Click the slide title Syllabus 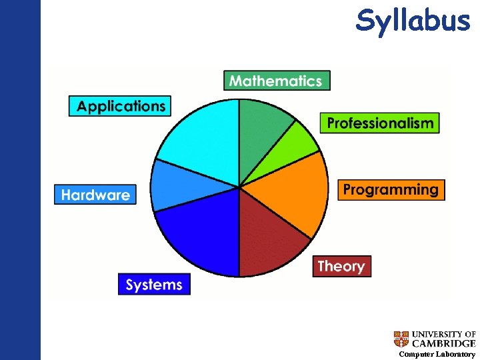point(413,20)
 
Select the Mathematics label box point(276,81)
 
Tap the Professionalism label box point(380,123)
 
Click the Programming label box point(391,189)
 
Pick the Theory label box point(341,266)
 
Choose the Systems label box point(154,285)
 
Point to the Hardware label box point(95,195)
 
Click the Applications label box point(121,106)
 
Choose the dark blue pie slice point(201,233)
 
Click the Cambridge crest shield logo point(401,339)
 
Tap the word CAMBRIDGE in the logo point(443,343)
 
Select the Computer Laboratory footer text point(437,355)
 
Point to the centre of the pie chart point(239,187)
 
